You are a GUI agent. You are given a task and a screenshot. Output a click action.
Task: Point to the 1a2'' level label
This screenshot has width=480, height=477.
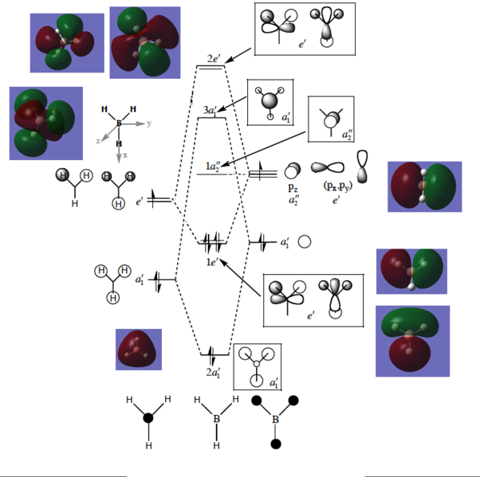click(211, 166)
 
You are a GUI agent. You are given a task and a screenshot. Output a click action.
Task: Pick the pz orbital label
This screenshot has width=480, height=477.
click(293, 188)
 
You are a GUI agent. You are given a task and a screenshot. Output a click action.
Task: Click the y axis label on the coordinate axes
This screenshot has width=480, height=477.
click(148, 123)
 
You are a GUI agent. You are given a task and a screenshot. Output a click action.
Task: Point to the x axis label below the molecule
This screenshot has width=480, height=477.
click(125, 155)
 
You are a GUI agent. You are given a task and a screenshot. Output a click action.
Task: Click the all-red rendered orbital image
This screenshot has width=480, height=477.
click(138, 349)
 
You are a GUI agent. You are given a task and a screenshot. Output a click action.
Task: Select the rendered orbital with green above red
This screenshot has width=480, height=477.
click(412, 341)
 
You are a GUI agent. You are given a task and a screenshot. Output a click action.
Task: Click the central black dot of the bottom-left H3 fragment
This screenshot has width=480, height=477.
click(148, 417)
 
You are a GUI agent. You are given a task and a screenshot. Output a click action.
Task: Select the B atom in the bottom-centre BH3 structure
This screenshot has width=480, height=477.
click(215, 418)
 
